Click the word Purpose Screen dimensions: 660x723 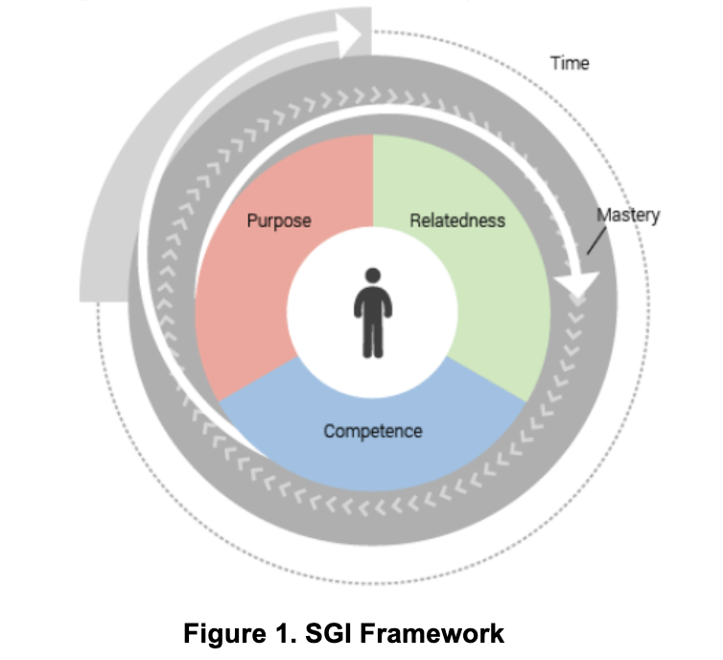point(278,221)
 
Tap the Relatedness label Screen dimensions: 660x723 point(456,221)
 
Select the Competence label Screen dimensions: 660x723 point(372,431)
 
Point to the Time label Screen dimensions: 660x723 point(570,64)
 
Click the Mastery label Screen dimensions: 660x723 point(628,215)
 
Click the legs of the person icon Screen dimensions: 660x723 point(372,338)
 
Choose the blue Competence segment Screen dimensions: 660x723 point(374,460)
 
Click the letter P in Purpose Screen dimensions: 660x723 point(251,221)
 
